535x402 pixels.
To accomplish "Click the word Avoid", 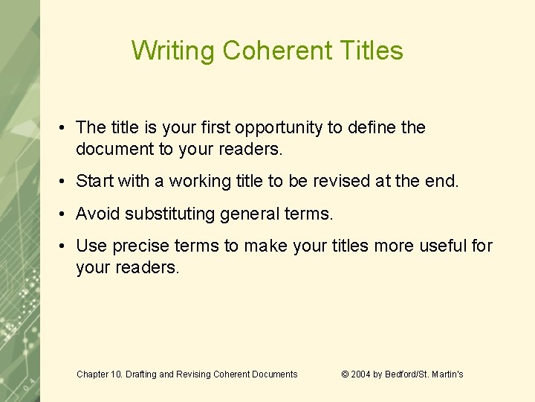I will pyautogui.click(x=98, y=214).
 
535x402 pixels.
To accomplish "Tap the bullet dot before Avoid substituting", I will pyautogui.click(x=65, y=214).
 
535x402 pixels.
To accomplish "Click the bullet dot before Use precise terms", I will pyautogui.click(x=65, y=246).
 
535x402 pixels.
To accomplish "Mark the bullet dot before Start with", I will pyautogui.click(x=65, y=182).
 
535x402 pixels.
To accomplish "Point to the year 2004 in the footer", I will pyautogui.click(x=361, y=374).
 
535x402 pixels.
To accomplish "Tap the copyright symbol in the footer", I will pyautogui.click(x=345, y=374).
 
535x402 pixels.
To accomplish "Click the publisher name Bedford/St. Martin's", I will pyautogui.click(x=424, y=374).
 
